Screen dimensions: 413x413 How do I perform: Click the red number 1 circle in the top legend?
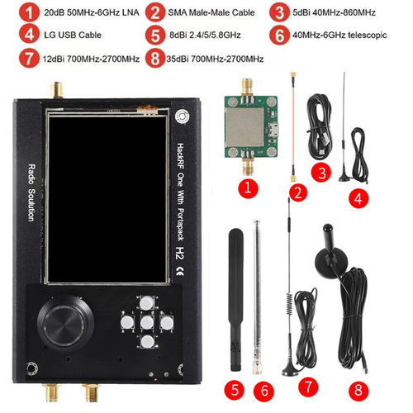point(29,12)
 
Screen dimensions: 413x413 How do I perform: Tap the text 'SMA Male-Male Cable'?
point(211,12)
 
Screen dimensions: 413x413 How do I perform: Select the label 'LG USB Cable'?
point(73,35)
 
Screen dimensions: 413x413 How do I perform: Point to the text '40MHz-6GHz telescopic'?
point(339,35)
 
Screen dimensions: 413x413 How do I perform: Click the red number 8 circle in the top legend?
point(155,58)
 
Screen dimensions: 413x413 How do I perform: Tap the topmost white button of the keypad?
point(146,303)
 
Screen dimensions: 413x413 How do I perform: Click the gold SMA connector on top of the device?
point(57,90)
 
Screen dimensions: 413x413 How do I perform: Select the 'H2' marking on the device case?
point(180,253)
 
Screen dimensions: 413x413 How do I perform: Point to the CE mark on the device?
point(180,271)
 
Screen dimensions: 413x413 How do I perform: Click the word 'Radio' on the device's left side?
point(31,174)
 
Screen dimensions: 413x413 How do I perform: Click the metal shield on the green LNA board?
point(244,127)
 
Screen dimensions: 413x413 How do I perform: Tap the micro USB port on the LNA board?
point(273,129)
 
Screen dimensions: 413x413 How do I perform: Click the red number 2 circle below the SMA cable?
point(298,192)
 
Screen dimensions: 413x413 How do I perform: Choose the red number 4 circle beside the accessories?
point(358,198)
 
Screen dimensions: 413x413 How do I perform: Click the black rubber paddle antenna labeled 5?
point(236,300)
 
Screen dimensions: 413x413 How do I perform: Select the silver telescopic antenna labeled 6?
point(257,297)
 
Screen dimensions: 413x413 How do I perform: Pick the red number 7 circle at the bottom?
point(308,387)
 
